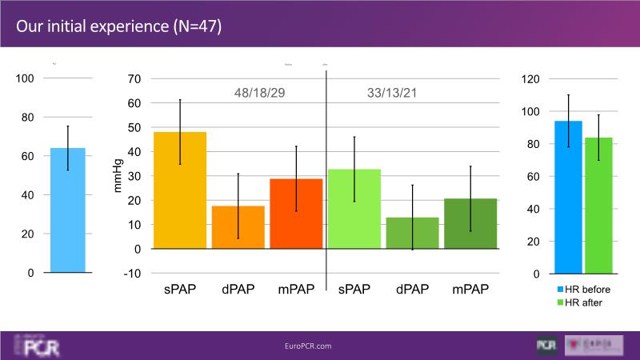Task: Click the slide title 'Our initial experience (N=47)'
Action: click(x=118, y=26)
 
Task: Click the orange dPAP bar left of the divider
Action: click(x=238, y=227)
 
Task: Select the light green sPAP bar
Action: click(x=354, y=209)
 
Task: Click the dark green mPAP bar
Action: click(x=470, y=223)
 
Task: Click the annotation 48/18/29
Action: click(x=260, y=93)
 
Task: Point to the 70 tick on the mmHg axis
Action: click(x=134, y=78)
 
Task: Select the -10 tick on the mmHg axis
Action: click(x=132, y=273)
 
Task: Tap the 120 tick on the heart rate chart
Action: click(x=531, y=78)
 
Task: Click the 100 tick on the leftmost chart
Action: click(x=25, y=78)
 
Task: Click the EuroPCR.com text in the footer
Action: click(x=308, y=346)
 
